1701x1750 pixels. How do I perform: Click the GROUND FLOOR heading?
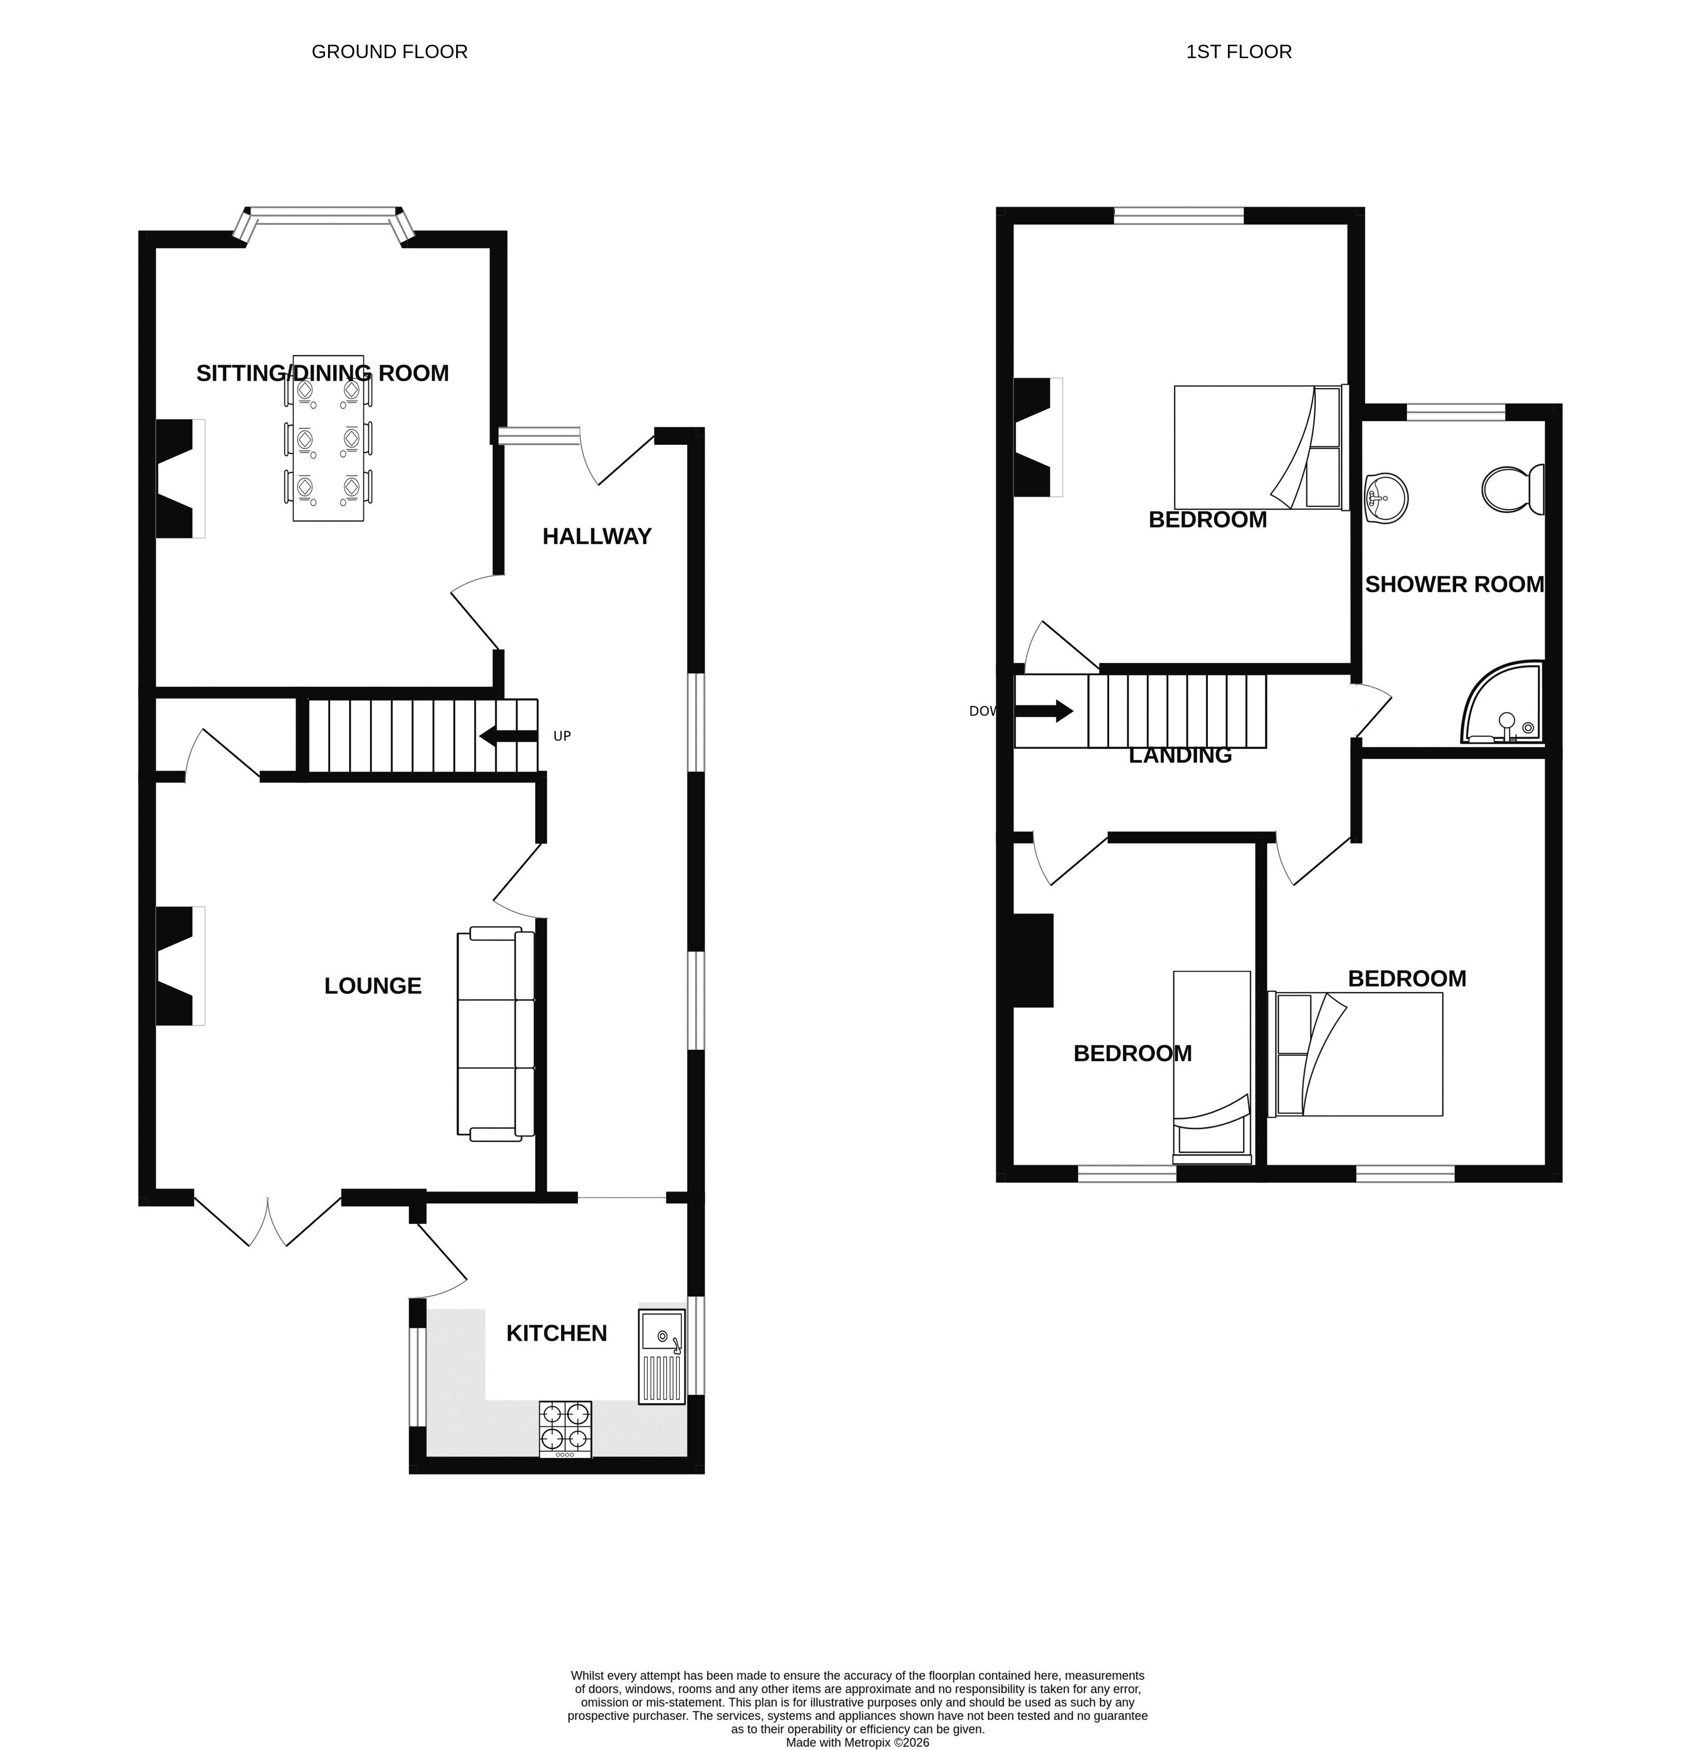pos(390,52)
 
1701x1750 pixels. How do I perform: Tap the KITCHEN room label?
pos(556,1333)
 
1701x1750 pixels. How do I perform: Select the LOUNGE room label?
pos(372,986)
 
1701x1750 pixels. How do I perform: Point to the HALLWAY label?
pos(597,536)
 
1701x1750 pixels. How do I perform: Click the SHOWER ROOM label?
pos(1454,584)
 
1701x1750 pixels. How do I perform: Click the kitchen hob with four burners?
pos(566,1429)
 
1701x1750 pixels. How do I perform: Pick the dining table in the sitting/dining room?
pos(328,437)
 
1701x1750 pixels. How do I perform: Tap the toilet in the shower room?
pos(1513,488)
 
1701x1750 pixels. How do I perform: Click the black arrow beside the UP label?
pos(509,736)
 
